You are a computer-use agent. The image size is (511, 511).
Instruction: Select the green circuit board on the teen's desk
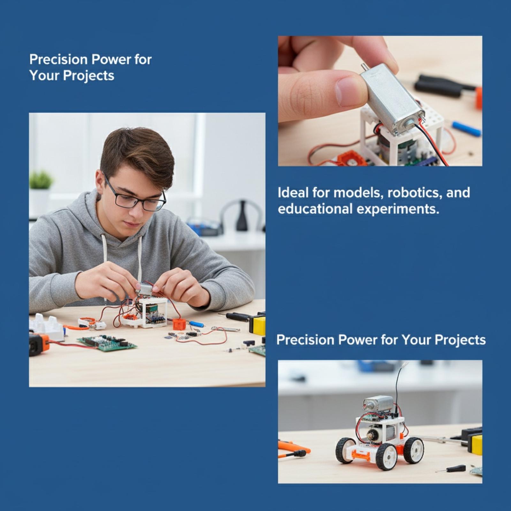coord(107,343)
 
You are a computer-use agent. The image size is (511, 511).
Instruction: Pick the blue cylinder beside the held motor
coord(467,128)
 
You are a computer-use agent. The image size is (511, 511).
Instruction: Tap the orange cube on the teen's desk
coord(179,324)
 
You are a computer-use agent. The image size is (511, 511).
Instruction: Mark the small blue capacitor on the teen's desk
coord(196,324)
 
